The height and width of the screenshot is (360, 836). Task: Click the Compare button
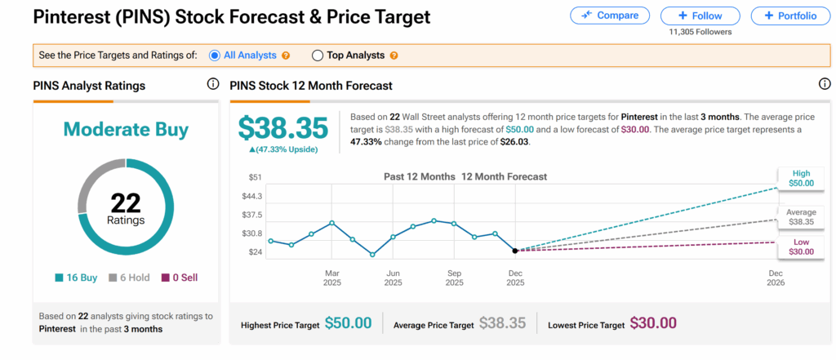(x=610, y=16)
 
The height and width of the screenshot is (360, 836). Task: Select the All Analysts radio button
(x=215, y=56)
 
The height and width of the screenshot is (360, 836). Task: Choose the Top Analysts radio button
(x=318, y=56)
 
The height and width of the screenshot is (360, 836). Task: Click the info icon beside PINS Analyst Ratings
(x=213, y=85)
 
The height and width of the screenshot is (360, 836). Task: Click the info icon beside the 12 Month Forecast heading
(x=825, y=85)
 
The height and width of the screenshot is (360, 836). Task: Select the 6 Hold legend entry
(x=129, y=278)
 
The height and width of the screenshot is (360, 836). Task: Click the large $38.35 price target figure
(x=282, y=128)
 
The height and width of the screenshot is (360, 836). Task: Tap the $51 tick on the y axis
(x=256, y=177)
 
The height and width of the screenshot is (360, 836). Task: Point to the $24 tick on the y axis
(x=256, y=252)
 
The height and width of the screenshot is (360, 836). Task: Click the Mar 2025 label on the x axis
(x=332, y=278)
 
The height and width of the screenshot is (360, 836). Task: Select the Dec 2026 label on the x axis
(x=776, y=278)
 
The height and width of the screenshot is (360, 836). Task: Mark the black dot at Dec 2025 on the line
(x=515, y=250)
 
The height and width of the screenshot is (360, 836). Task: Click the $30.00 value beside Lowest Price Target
(x=654, y=324)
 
